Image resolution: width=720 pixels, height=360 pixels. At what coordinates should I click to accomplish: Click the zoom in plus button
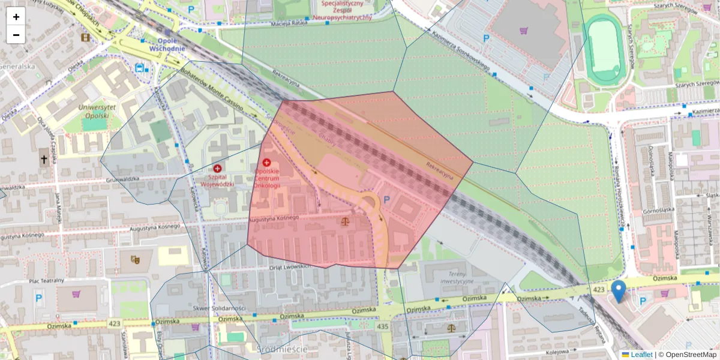16,17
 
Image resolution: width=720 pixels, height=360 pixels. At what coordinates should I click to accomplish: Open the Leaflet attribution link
641,355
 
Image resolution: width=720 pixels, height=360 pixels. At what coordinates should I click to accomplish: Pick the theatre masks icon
134,259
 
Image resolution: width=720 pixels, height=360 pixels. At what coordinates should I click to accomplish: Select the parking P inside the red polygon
387,199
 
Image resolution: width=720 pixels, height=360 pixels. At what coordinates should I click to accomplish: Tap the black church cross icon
43,160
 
